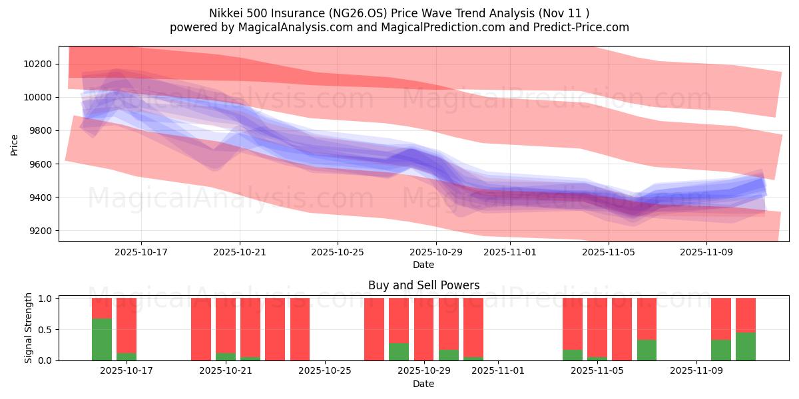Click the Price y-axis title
(15, 144)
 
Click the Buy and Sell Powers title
(423, 285)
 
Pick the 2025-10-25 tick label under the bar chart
(324, 371)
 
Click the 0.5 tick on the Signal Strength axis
(47, 329)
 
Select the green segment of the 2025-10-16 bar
(102, 339)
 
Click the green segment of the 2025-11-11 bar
(746, 346)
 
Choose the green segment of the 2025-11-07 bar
(647, 350)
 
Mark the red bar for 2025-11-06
(622, 329)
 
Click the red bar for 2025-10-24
(300, 329)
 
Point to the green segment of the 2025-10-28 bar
(399, 352)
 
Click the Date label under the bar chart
(423, 384)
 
